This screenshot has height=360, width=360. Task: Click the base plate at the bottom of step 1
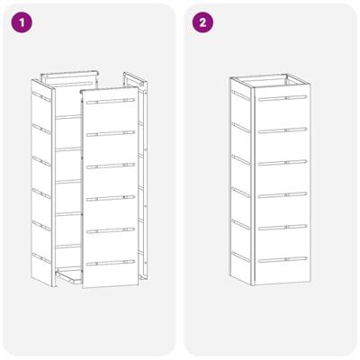pos(67,275)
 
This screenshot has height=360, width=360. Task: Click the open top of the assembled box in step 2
pos(279,83)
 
